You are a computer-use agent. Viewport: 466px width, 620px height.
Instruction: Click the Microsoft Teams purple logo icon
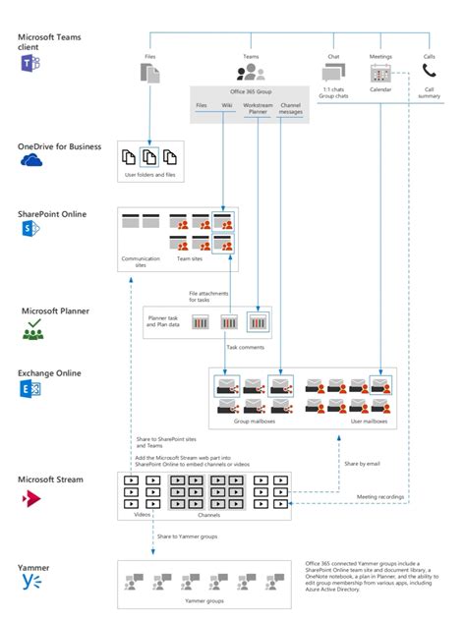[28, 64]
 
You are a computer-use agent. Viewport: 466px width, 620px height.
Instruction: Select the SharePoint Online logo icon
[29, 229]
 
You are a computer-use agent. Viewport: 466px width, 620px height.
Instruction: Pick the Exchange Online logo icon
[29, 391]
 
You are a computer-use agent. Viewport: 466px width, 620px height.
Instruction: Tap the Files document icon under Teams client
[150, 72]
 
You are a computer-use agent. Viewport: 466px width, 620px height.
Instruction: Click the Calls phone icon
[429, 72]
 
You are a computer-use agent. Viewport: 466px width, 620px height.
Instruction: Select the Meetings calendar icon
[380, 73]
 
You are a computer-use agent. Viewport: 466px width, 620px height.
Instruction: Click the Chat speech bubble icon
[333, 72]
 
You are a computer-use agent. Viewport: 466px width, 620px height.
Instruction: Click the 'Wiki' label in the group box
[227, 104]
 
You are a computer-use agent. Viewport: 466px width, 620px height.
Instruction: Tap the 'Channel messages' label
[291, 108]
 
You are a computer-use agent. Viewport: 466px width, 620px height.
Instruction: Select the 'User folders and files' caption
[148, 174]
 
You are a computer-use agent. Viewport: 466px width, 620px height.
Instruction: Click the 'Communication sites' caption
[141, 261]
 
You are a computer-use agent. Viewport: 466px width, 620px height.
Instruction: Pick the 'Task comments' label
[246, 347]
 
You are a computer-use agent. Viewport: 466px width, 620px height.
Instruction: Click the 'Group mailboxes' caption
[254, 421]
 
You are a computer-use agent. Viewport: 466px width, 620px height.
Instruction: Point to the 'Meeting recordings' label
[379, 497]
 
